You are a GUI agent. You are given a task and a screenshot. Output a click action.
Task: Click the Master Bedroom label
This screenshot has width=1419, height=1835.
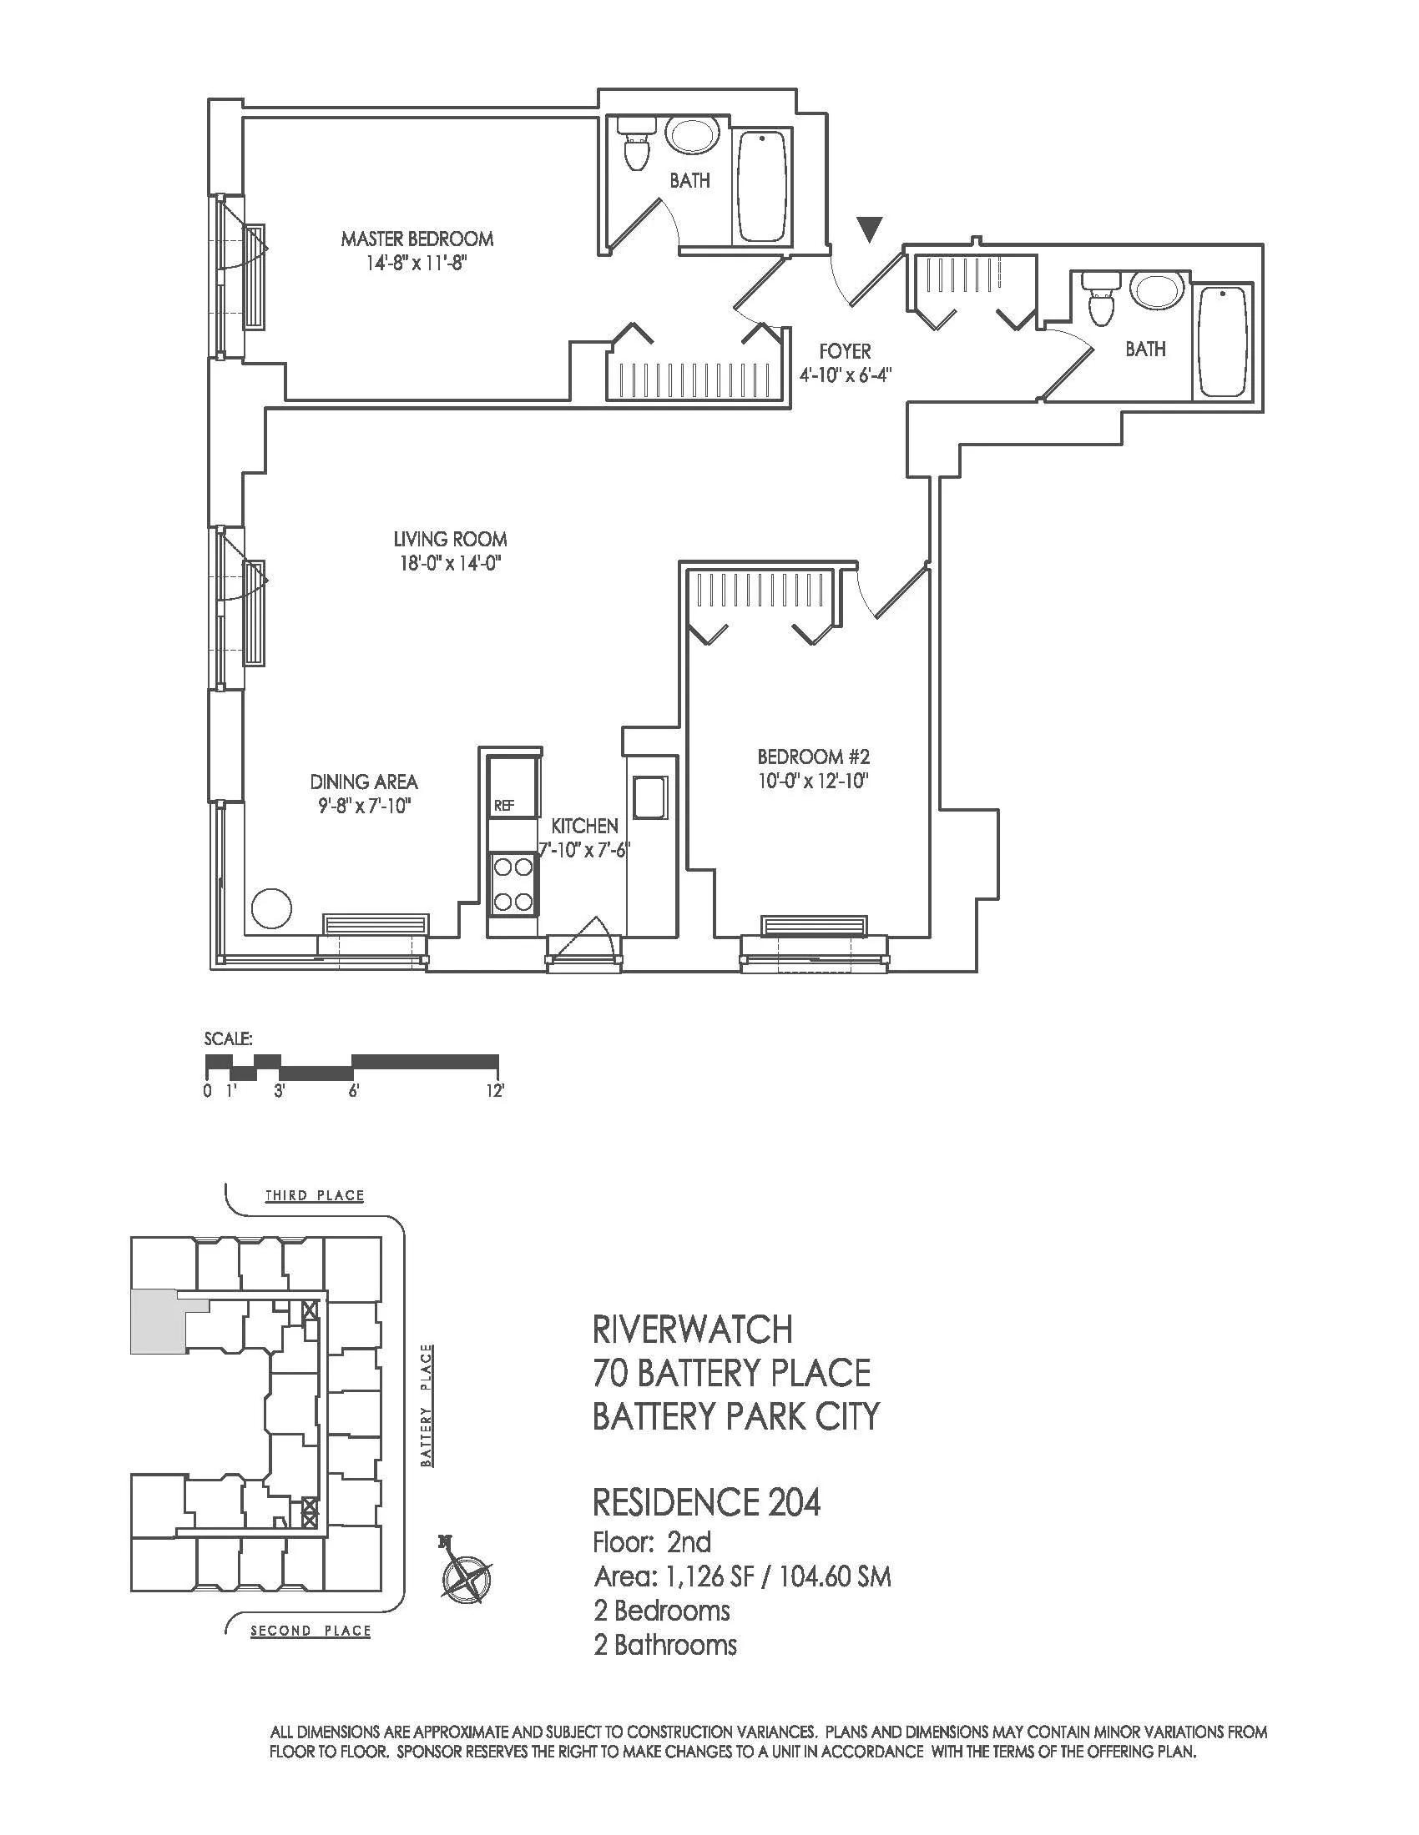coord(417,239)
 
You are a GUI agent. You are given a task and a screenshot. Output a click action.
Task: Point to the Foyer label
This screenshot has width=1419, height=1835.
coord(845,351)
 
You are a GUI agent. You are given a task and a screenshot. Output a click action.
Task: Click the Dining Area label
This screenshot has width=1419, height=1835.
coord(363,782)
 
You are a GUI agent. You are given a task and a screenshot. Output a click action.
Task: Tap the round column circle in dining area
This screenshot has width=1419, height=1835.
coord(271,909)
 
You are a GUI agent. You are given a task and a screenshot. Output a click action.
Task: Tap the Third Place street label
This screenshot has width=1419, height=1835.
coord(315,1194)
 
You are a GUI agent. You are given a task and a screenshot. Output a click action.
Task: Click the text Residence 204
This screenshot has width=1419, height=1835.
coord(707,1502)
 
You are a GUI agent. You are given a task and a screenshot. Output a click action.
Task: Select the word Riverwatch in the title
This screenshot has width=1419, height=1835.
coord(693,1330)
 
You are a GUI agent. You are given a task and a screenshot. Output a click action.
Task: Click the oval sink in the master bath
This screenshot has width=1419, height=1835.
coord(692,135)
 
